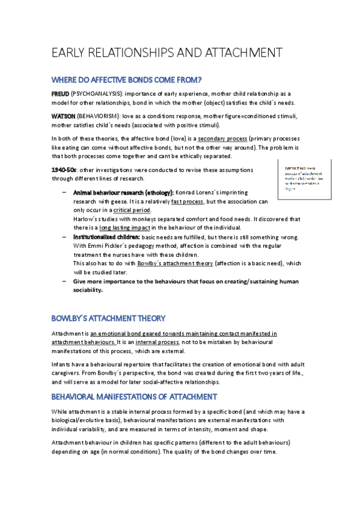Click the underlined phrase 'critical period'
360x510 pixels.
(132, 210)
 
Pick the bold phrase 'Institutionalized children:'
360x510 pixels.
(106, 238)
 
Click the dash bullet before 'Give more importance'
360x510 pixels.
(64, 281)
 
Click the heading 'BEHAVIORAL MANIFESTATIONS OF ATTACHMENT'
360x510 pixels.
(134, 396)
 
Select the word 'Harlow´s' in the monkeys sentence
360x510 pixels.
(86, 219)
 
